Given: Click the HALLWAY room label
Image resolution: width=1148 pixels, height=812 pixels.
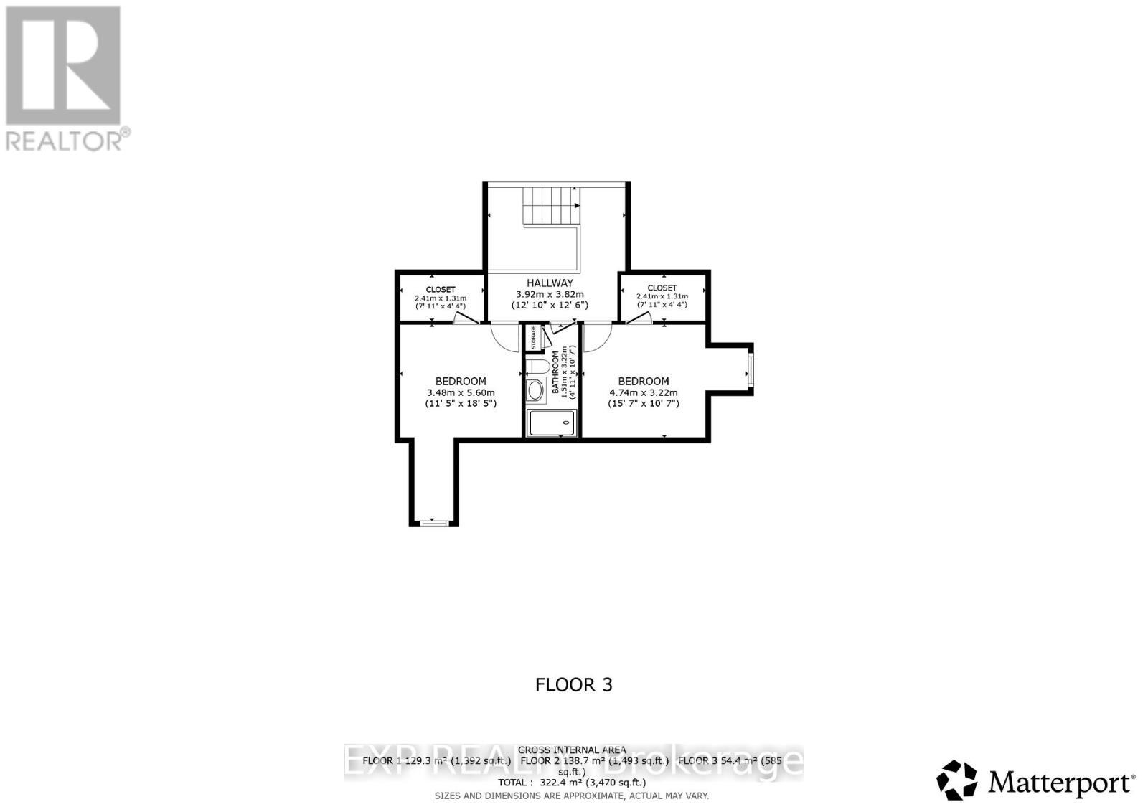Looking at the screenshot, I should [x=550, y=283].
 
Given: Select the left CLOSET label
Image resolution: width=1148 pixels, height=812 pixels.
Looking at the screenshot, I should [x=440, y=289].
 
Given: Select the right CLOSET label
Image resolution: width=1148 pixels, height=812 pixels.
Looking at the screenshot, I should [x=662, y=288].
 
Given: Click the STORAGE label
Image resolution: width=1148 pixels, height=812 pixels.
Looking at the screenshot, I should [x=533, y=338].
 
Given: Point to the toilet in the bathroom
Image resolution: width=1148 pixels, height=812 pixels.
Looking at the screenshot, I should [x=537, y=367].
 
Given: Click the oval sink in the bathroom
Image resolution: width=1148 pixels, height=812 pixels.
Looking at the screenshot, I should [x=536, y=391].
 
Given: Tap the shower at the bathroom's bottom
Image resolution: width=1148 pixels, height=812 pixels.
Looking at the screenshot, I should [x=551, y=423].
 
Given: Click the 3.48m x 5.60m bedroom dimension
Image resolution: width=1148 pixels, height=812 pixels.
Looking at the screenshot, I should [x=461, y=392].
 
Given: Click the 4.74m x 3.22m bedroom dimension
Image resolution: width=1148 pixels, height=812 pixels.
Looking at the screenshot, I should [x=643, y=392].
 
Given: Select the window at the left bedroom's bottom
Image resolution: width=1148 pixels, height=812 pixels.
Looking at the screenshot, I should [x=433, y=522].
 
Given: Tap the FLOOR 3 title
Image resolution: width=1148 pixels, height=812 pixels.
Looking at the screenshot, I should [x=574, y=684].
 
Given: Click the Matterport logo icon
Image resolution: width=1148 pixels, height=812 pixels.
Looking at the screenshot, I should [x=957, y=780].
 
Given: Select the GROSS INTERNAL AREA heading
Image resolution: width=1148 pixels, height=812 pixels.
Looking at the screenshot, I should [x=572, y=750].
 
